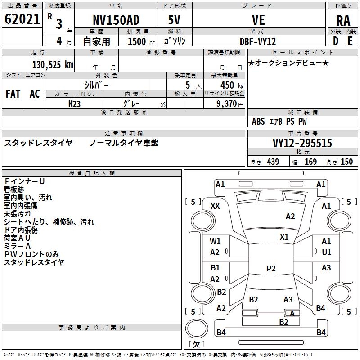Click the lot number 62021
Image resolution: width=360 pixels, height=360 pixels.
pos(22,19)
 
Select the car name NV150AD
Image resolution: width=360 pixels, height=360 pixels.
pos(116,20)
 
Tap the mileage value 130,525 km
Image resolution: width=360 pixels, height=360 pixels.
pos(53,65)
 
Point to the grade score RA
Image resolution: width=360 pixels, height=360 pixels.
pos(343,21)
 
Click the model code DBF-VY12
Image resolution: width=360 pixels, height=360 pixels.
pos(258,41)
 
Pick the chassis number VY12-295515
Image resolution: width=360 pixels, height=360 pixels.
pos(302,143)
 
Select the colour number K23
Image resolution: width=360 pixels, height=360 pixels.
pos(74,104)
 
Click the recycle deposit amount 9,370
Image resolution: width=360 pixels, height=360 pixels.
pos(227,104)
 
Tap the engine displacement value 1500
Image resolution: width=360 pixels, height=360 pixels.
pos(137,41)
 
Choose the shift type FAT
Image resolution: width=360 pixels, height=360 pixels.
pos(13,94)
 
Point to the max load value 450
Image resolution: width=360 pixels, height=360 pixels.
pos(227,85)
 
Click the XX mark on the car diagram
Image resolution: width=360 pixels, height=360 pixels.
pos(215,206)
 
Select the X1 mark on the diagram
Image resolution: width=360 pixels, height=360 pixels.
pos(284,237)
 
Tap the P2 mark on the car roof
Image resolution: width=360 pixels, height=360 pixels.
pos(271,268)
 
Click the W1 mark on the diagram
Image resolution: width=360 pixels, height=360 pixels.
pos(215,241)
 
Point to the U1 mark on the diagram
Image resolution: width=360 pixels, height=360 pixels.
pos(327,252)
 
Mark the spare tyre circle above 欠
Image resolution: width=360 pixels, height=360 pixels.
pos(197,328)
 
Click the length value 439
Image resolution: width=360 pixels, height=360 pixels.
pos(273,162)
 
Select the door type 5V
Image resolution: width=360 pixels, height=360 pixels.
pos(174,20)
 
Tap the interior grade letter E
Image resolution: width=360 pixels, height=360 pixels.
pos(350,41)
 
